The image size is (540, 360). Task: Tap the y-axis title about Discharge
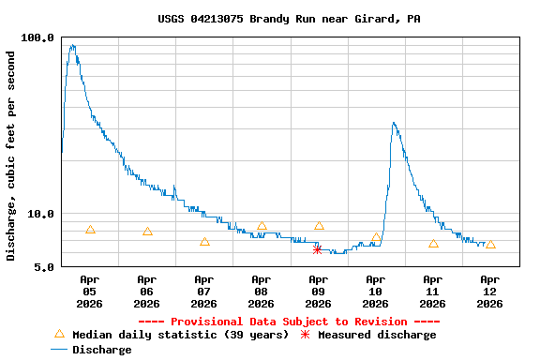(11, 155)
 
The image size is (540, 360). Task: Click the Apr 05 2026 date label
(89, 291)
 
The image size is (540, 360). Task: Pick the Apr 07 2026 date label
(203, 291)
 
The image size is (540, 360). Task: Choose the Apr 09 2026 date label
(318, 291)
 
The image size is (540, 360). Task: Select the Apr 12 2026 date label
(489, 291)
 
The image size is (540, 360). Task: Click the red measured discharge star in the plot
(318, 249)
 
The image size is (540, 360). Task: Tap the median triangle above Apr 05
(90, 230)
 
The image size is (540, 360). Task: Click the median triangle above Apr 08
(262, 226)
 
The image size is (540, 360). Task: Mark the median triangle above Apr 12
(490, 245)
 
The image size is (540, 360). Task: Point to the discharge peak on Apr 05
(72, 45)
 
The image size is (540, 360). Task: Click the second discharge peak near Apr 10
(394, 123)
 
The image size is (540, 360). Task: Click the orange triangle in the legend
(59, 335)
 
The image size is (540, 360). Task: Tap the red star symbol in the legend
(305, 335)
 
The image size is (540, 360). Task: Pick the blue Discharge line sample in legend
(59, 350)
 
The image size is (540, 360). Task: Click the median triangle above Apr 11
(433, 244)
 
